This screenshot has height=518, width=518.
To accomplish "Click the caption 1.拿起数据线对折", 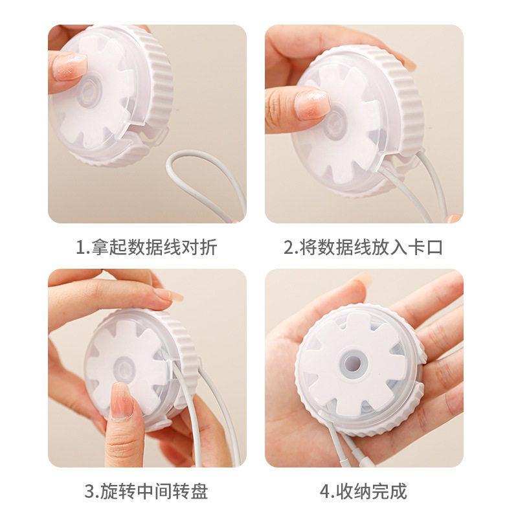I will coord(146,247).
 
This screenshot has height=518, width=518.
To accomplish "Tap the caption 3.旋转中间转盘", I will coord(146,491).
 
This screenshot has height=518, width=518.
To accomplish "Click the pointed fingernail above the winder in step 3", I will coord(168,295).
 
